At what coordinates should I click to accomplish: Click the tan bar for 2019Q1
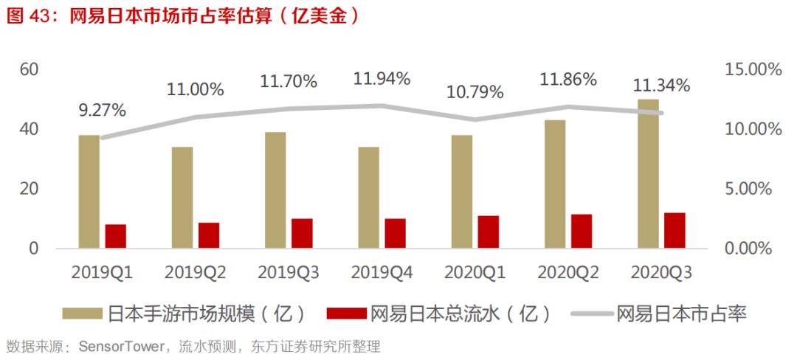pyautogui.click(x=89, y=192)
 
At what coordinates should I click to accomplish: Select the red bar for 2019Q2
pyautogui.click(x=209, y=235)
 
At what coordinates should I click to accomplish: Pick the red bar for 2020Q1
pyautogui.click(x=488, y=232)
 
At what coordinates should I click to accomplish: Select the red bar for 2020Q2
pyautogui.click(x=582, y=231)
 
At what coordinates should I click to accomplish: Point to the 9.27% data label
pyautogui.click(x=102, y=111)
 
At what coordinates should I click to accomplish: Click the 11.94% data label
pyautogui.click(x=382, y=78)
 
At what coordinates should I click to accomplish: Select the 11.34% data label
pyautogui.click(x=661, y=85)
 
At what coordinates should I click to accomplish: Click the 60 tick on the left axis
pyautogui.click(x=29, y=69)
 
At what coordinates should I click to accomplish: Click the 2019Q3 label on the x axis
pyautogui.click(x=289, y=273)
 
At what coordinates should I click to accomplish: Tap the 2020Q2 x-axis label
pyautogui.click(x=567, y=273)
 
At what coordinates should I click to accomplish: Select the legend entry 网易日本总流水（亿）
pyautogui.click(x=452, y=314)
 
